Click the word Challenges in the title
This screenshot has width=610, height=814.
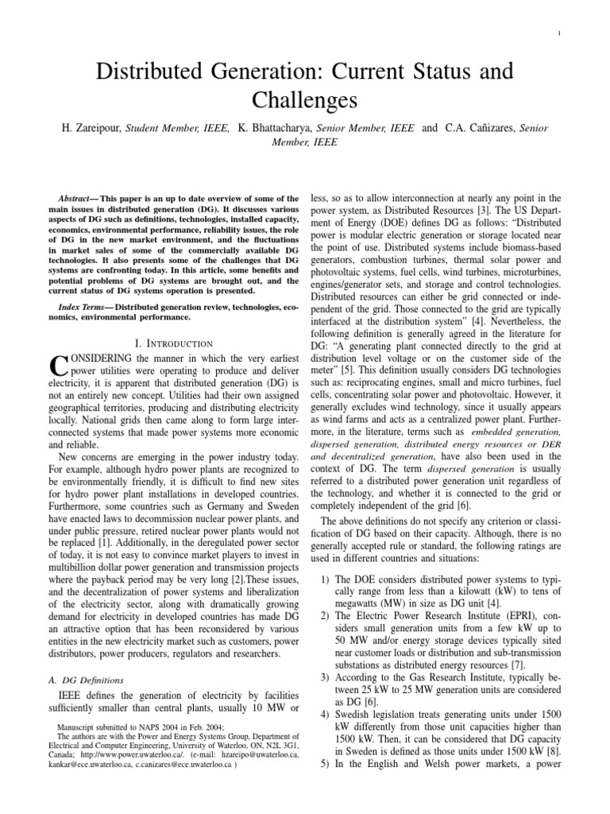click(x=306, y=101)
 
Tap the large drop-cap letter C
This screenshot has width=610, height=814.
click(x=58, y=366)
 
